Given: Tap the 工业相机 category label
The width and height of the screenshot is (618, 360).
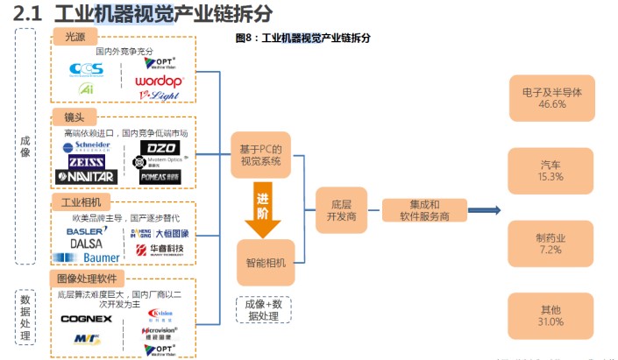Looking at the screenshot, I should pos(82,202).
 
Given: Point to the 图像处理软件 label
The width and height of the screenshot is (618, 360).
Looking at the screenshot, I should pos(91,279).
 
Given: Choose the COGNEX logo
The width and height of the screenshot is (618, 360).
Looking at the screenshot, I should pos(86,319).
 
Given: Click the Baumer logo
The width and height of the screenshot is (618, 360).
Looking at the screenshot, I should pos(88,258).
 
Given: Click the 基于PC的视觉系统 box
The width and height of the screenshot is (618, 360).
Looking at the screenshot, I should pos(260,154).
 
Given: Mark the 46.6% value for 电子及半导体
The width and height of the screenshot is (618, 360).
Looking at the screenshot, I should pos(551,104).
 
